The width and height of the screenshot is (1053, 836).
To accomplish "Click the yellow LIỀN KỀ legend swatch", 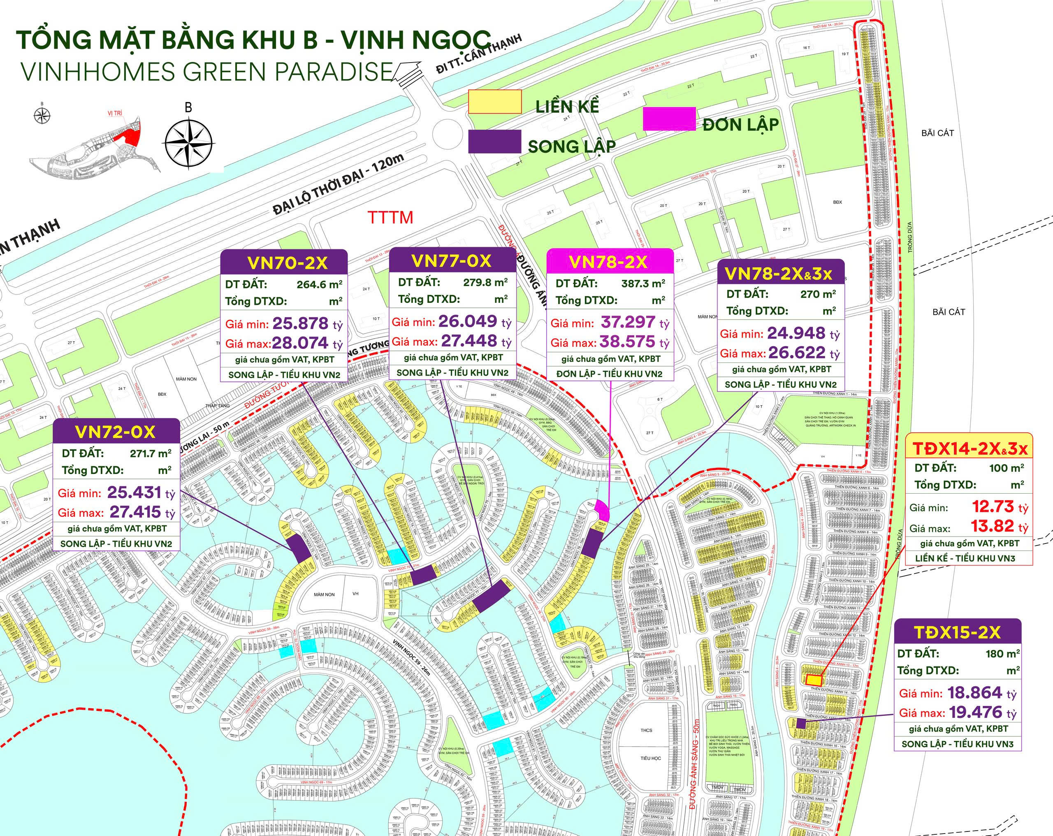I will [x=495, y=102].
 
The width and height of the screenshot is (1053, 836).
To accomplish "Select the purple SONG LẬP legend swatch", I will [x=494, y=141].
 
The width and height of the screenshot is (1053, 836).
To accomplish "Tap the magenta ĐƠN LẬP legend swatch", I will [x=669, y=119].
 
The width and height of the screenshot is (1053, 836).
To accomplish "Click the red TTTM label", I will [x=390, y=217].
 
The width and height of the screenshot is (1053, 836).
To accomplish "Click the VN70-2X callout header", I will [x=284, y=263].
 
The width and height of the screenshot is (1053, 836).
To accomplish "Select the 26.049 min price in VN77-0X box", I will [x=468, y=321].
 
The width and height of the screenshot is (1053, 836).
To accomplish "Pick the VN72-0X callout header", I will [x=116, y=432].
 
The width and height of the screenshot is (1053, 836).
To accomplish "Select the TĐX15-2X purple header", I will [x=957, y=632].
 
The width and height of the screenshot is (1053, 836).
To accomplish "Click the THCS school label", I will [x=646, y=730].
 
